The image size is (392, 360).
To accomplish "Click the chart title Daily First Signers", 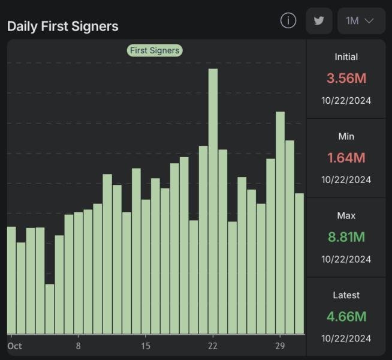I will point(63,26).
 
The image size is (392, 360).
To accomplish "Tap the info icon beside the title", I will point(288,20).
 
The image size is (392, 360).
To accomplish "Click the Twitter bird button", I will point(319,20).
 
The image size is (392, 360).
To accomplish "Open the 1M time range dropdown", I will point(361,20).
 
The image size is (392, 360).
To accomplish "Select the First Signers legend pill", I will point(154,50).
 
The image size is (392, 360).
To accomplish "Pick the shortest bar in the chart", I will point(50,308).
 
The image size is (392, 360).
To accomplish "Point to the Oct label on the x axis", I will point(15,346).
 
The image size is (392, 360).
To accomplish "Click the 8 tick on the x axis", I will point(79,346).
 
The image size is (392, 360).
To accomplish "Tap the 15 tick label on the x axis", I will point(146,346).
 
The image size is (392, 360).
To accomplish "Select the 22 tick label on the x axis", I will point(213,346).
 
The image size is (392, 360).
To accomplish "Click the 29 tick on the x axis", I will point(280,346).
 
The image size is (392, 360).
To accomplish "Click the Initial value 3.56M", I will point(346,78).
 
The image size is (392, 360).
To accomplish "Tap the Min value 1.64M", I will point(346,158).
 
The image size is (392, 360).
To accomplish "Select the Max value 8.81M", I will point(346,237).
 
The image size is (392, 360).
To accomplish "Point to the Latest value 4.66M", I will point(346,316).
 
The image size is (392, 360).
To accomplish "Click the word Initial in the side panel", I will point(346,57).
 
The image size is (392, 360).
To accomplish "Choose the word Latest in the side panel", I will point(346,295).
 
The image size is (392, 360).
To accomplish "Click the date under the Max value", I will point(346,259).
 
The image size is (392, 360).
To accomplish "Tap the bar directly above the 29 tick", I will point(280,222).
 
